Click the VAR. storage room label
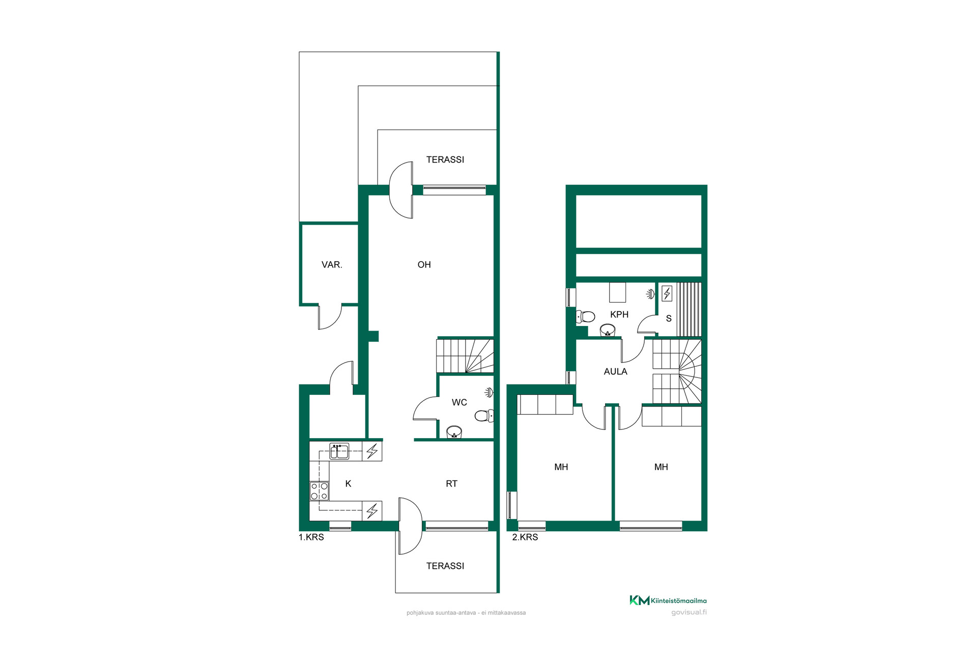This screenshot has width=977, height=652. tap(332, 265)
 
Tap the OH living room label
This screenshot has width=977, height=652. tap(424, 265)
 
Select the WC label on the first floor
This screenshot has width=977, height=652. tap(459, 402)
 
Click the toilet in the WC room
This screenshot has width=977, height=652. tap(484, 416)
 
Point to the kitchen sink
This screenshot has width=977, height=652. tap(339, 451)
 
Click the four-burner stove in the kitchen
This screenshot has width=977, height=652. tap(320, 491)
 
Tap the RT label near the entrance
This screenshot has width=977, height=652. tap(451, 484)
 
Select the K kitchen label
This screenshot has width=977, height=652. tap(348, 484)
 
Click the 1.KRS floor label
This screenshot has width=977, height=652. tap(311, 537)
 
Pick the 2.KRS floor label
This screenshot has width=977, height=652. tap(525, 537)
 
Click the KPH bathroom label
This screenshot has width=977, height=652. tap(619, 315)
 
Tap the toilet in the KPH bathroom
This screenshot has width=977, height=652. tap(585, 317)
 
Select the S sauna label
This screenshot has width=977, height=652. tap(669, 319)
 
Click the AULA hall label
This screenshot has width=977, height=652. tap(615, 372)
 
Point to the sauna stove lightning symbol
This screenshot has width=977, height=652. tap(667, 293)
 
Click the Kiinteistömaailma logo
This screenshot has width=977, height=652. tap(668, 601)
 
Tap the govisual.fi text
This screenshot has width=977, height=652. tap(689, 612)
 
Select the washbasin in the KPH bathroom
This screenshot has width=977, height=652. tap(608, 330)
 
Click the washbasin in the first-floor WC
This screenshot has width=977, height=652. tap(454, 432)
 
